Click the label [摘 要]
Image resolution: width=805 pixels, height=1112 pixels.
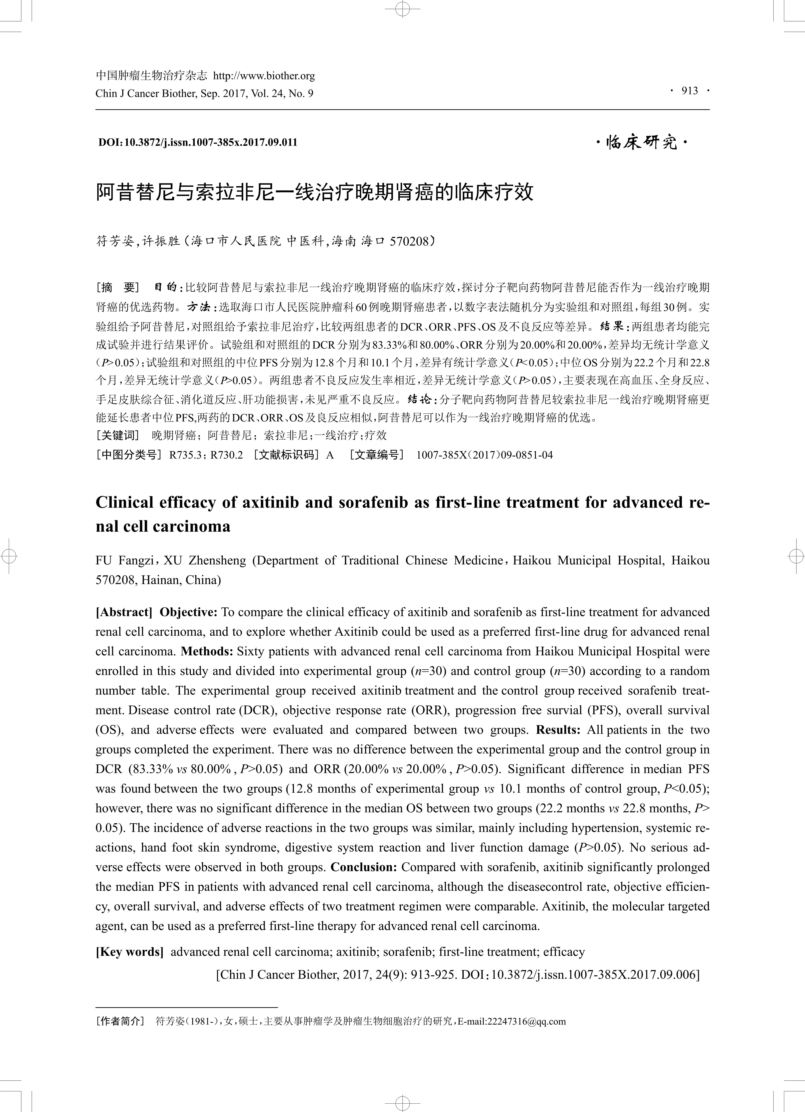click(x=118, y=287)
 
